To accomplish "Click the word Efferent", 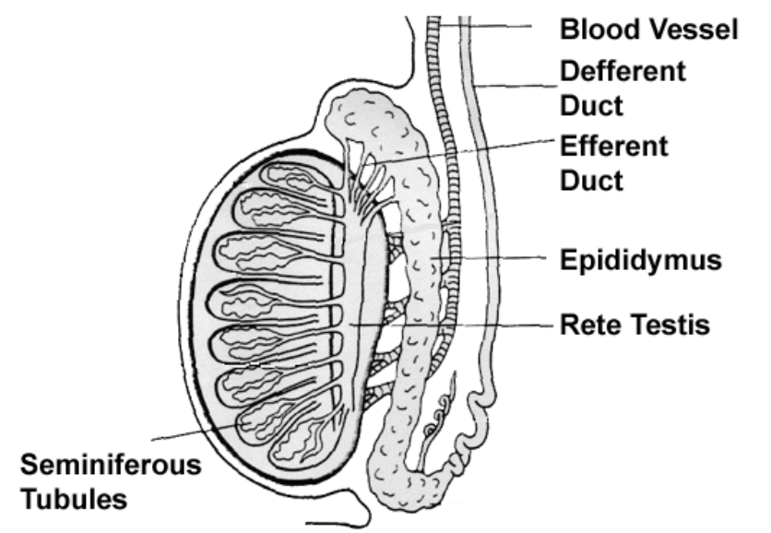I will [613, 146].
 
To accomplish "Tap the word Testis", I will [669, 325].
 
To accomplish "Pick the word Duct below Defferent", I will [591, 105].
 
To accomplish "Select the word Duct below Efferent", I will [591, 179].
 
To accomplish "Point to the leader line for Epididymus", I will [498, 259].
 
